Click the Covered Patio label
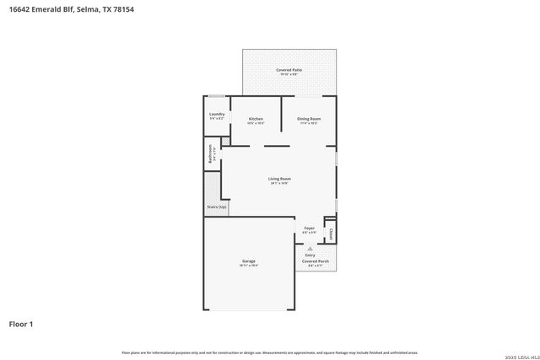pyautogui.click(x=289, y=70)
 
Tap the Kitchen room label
pyautogui.click(x=256, y=119)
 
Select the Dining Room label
pyautogui.click(x=308, y=119)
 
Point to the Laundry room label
pyautogui.click(x=217, y=114)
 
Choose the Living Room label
pyautogui.click(x=279, y=179)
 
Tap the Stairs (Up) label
pyautogui.click(x=216, y=207)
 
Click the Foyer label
pyautogui.click(x=310, y=228)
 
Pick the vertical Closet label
pyautogui.click(x=332, y=233)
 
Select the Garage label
pyautogui.click(x=249, y=261)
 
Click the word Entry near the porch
pyautogui.click(x=310, y=255)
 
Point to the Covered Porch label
pyautogui.click(x=316, y=261)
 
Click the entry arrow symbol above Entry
pyautogui.click(x=310, y=248)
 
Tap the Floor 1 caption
pyautogui.click(x=21, y=323)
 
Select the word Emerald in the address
pyautogui.click(x=45, y=9)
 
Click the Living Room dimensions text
pyautogui.click(x=279, y=184)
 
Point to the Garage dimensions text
pyautogui.click(x=249, y=266)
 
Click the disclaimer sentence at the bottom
pyautogui.click(x=269, y=352)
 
